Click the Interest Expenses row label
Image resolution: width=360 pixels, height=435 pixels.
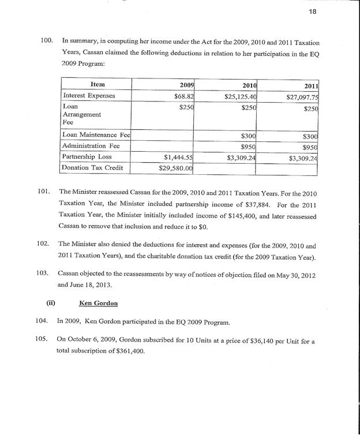point(89,95)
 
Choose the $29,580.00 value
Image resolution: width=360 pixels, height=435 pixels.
point(175,168)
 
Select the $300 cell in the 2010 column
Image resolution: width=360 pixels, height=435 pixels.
point(249,135)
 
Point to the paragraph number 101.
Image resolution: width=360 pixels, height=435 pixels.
point(46,191)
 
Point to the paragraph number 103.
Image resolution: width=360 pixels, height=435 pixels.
point(46,272)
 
